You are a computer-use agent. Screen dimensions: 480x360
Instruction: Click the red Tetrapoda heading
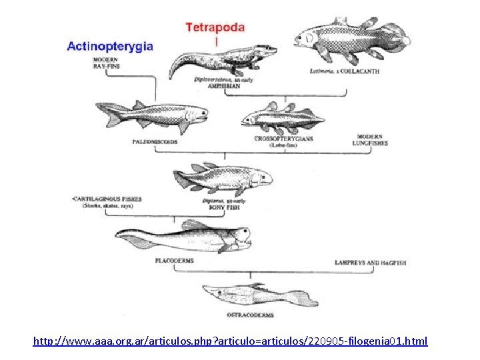215,28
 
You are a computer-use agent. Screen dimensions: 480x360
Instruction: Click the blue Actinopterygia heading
110,47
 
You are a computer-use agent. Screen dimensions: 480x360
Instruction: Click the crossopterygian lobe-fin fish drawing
284,119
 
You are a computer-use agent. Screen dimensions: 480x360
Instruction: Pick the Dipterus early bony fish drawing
223,178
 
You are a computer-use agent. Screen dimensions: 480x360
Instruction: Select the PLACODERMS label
174,261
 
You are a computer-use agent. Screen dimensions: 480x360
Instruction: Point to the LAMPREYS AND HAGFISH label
370,263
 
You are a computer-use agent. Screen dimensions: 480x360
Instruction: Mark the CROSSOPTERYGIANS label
283,139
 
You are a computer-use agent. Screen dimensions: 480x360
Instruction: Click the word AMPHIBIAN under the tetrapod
213,86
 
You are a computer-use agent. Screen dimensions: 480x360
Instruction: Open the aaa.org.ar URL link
230,341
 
